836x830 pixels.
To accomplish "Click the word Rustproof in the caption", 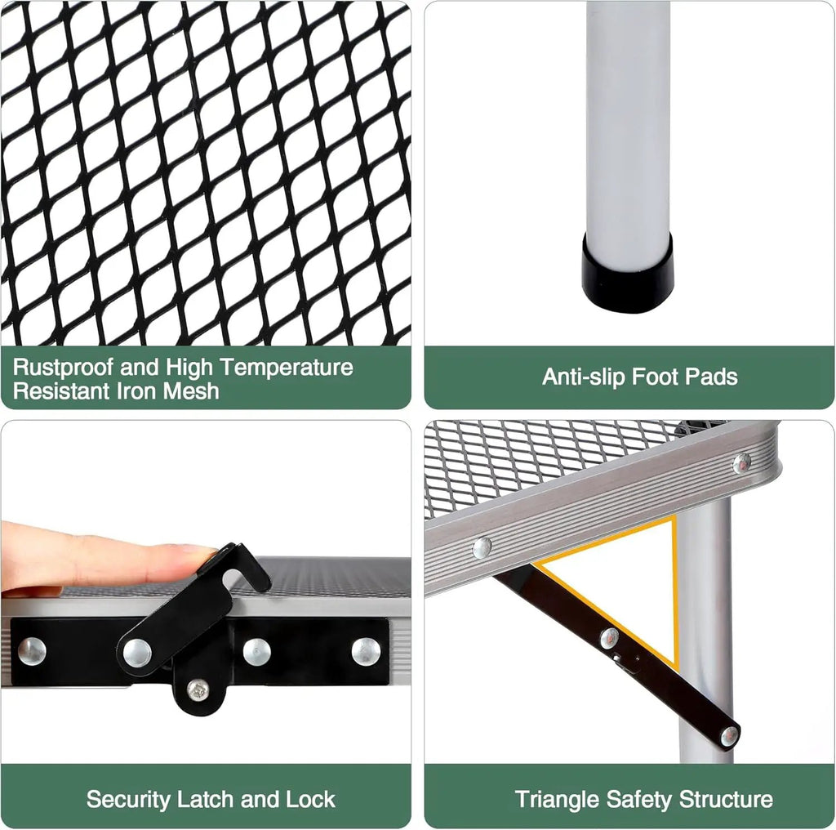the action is tap(62, 368).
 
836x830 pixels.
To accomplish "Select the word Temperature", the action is tap(287, 368).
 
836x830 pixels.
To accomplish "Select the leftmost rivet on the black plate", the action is tap(32, 651).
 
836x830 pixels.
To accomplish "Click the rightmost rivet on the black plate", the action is tap(367, 651).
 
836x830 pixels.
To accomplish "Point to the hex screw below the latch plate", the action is tap(198, 690).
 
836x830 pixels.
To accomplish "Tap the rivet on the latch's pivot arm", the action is tap(137, 653).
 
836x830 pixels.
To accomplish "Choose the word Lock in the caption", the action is tap(311, 799).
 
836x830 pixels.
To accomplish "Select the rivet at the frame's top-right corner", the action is tap(741, 463).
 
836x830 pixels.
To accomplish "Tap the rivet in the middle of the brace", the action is tap(609, 638).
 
